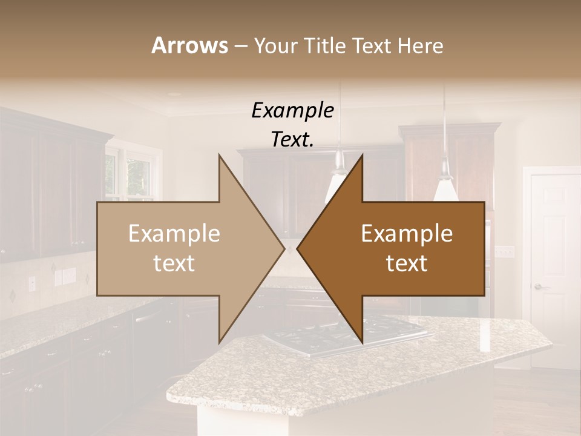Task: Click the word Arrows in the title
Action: click(x=189, y=45)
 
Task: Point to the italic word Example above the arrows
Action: click(x=292, y=111)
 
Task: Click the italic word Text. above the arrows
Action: click(x=292, y=139)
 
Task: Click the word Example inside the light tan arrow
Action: click(x=174, y=234)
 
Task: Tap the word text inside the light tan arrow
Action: click(x=174, y=263)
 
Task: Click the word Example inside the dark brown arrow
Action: click(x=407, y=234)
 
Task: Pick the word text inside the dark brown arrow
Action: click(x=407, y=263)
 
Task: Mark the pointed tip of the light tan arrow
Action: click(x=283, y=249)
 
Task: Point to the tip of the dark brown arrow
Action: click(x=298, y=249)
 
